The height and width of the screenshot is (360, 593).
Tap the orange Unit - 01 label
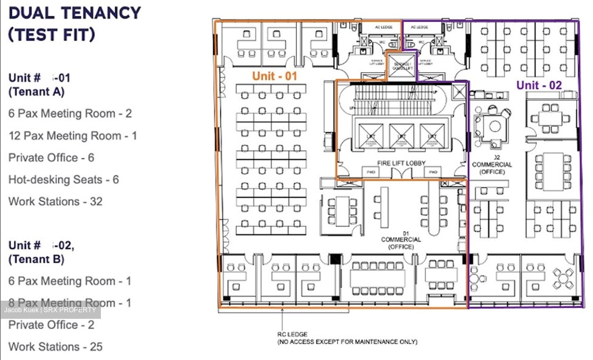click(x=274, y=76)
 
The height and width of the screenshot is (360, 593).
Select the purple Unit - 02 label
click(x=539, y=85)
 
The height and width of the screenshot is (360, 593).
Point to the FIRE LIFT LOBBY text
click(x=401, y=163)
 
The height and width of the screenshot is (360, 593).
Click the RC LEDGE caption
click(x=292, y=334)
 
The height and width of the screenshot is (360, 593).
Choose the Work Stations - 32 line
click(x=55, y=201)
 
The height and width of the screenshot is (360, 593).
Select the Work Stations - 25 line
click(x=55, y=347)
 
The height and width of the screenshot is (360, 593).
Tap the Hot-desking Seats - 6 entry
click(x=63, y=180)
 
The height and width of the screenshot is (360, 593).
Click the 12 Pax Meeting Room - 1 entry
click(x=72, y=136)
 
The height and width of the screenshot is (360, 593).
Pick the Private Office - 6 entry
click(x=51, y=158)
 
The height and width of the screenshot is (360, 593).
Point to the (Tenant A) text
click(x=36, y=91)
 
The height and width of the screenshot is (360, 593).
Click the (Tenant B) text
click(x=36, y=259)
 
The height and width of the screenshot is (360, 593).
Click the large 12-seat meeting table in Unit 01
click(x=377, y=278)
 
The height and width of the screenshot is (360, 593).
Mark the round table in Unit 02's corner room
click(x=563, y=279)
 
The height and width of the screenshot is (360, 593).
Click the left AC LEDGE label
click(x=383, y=27)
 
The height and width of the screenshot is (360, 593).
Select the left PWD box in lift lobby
click(x=371, y=172)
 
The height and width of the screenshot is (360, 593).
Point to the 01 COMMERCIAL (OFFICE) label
click(x=401, y=240)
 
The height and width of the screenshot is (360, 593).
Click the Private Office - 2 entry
click(x=51, y=325)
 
